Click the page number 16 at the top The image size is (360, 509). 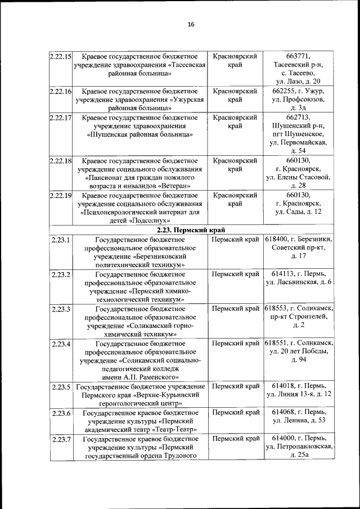pyautogui.click(x=190, y=24)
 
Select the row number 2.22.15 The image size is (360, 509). pyautogui.click(x=60, y=57)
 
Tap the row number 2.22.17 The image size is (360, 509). pyautogui.click(x=60, y=118)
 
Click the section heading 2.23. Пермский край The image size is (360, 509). pyautogui.click(x=191, y=230)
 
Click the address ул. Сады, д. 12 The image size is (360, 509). pyautogui.click(x=298, y=212)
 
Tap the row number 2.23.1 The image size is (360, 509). pyautogui.click(x=60, y=240)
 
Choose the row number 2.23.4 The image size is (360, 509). pyautogui.click(x=60, y=343)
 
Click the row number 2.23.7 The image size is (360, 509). pyautogui.click(x=60, y=439)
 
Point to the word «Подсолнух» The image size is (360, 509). pyautogui.click(x=139, y=221)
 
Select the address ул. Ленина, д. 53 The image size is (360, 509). pyautogui.click(x=299, y=421)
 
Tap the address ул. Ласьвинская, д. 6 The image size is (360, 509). pyautogui.click(x=299, y=282)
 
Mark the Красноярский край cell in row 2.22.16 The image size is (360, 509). pyautogui.click(x=235, y=95)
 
